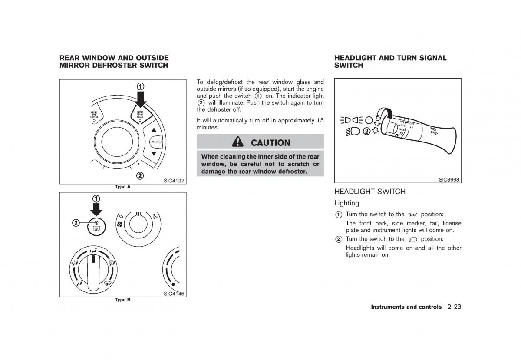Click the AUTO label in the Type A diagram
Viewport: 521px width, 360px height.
[x=156, y=142]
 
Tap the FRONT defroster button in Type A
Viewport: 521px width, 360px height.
[x=94, y=116]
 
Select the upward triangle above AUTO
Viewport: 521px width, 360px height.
[x=153, y=130]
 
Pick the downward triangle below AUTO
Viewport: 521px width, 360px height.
[x=153, y=154]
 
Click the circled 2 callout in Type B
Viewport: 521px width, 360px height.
[x=76, y=223]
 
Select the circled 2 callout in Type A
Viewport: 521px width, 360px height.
[x=140, y=175]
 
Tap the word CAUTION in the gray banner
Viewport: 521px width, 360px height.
[x=270, y=142]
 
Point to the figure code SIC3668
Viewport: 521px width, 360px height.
[x=449, y=179]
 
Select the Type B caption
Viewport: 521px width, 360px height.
[x=122, y=300]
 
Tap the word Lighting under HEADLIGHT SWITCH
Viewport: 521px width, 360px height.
[x=346, y=203]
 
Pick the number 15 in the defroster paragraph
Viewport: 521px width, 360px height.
[x=320, y=120]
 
